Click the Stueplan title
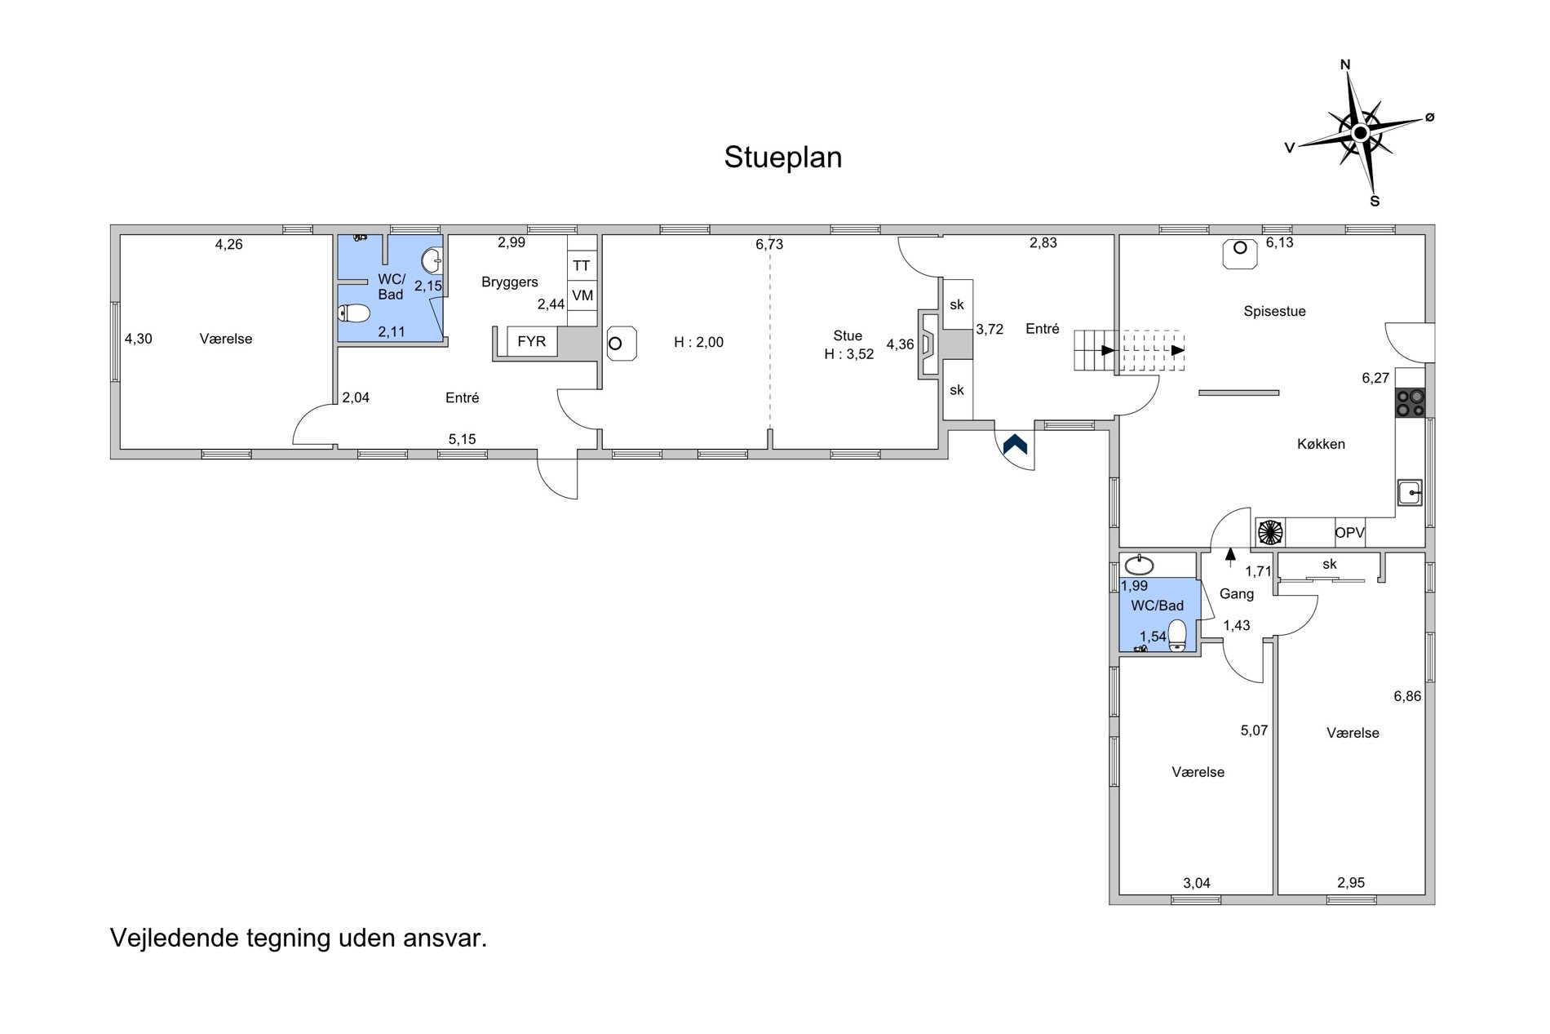tap(782, 158)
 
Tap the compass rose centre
tap(1360, 133)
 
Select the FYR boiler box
tap(532, 342)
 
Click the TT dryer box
tap(582, 266)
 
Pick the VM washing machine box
tap(582, 295)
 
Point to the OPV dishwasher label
tap(1349, 533)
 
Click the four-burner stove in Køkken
tap(1410, 403)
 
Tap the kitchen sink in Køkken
tap(1410, 492)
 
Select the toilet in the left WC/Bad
tap(354, 313)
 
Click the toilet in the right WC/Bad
tap(1176, 635)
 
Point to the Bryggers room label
tap(510, 282)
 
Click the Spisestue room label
tap(1274, 311)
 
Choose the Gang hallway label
tap(1236, 594)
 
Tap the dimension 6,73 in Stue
tap(769, 244)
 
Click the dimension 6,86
tap(1407, 696)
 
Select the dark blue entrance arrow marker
tap(1015, 444)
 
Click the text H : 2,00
tap(698, 343)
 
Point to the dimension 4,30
tap(139, 339)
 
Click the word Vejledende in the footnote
tap(175, 938)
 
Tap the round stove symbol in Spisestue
tap(1240, 249)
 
